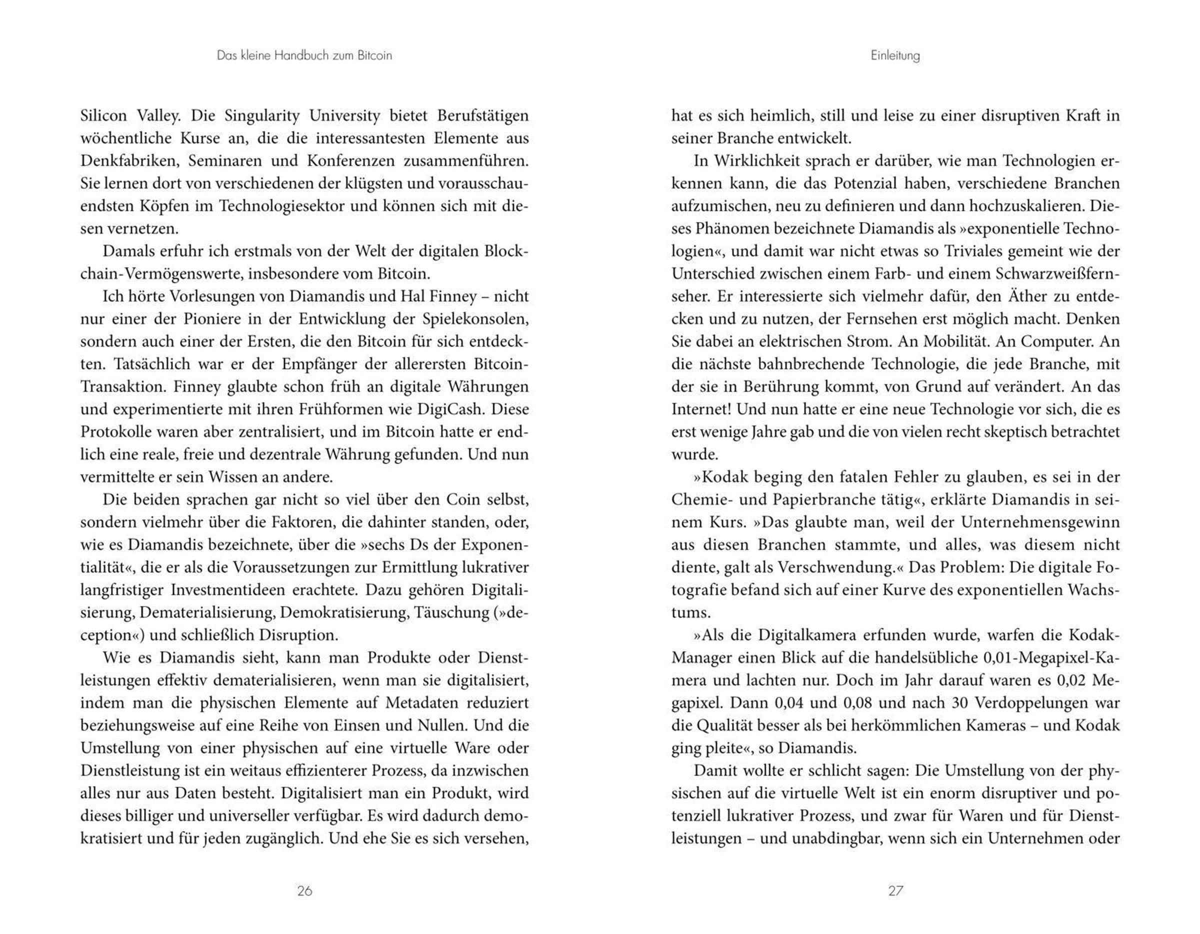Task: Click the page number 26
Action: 304,890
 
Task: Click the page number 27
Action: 895,890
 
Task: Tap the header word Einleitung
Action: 895,55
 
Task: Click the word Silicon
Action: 104,116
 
